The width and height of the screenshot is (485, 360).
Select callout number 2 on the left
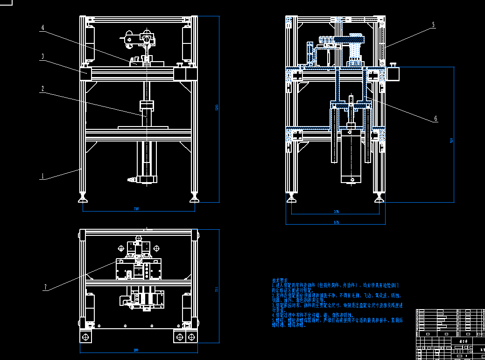pyautogui.click(x=42, y=88)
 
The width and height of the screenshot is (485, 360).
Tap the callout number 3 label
pyautogui.click(x=42, y=57)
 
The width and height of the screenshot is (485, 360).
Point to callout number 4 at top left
pyautogui.click(x=42, y=28)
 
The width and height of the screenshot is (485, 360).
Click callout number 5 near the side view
pyautogui.click(x=433, y=25)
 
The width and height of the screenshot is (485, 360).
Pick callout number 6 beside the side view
pyautogui.click(x=436, y=119)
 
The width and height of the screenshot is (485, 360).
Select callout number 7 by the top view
pyautogui.click(x=45, y=288)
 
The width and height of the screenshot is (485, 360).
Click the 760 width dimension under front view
pyautogui.click(x=136, y=209)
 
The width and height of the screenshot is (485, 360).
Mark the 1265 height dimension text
pyautogui.click(x=216, y=108)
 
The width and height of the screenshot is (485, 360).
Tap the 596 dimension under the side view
pyautogui.click(x=336, y=212)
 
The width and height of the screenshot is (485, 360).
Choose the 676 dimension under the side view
pyautogui.click(x=336, y=222)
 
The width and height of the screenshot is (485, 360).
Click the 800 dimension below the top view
pyautogui.click(x=136, y=350)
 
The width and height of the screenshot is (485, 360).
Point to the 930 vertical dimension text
pyautogui.click(x=451, y=140)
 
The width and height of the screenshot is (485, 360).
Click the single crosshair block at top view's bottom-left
pyautogui.click(x=85, y=337)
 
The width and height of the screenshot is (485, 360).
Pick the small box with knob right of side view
pyautogui.click(x=393, y=73)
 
